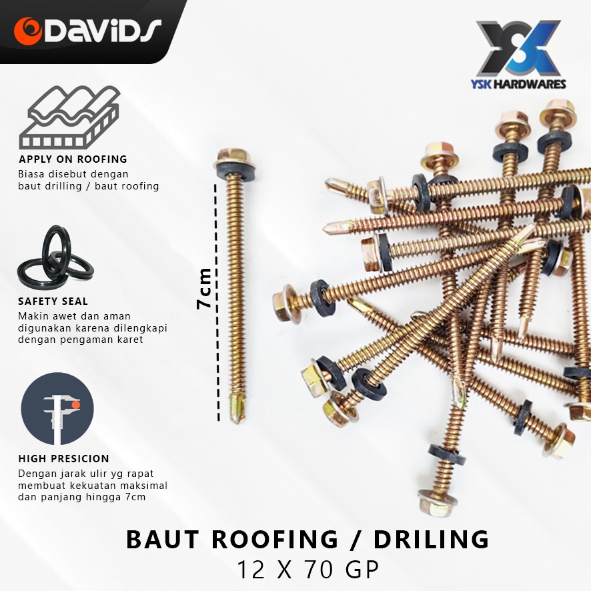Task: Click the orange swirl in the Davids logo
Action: [x=28, y=31]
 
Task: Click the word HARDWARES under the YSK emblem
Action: [x=530, y=84]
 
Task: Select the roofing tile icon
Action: [x=70, y=117]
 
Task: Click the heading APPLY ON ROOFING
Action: [x=73, y=159]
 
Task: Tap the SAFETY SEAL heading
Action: [x=53, y=301]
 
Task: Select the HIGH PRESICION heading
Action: [x=63, y=458]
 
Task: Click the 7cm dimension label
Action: [x=204, y=288]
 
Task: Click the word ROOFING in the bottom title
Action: [x=275, y=539]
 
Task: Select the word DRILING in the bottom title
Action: [x=431, y=539]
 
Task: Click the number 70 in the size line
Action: [x=318, y=570]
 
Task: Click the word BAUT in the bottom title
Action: [x=163, y=539]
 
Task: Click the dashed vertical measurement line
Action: [x=217, y=302]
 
